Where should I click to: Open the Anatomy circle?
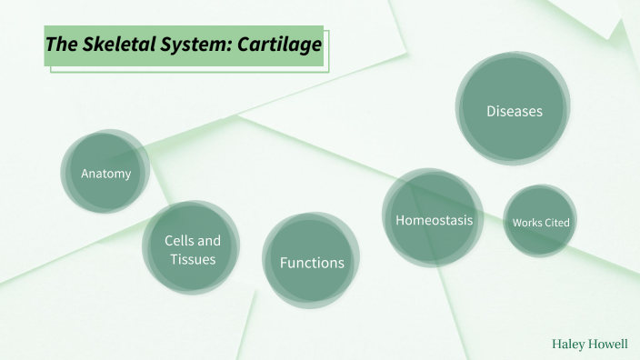pyautogui.click(x=105, y=172)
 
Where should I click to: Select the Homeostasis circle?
pyautogui.click(x=433, y=219)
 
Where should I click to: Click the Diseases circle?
pyautogui.click(x=514, y=110)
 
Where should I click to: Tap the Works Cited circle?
pyautogui.click(x=540, y=221)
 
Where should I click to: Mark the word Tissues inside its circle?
pyautogui.click(x=192, y=259)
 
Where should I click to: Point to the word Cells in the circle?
pyautogui.click(x=179, y=241)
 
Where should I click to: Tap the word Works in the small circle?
pyautogui.click(x=526, y=222)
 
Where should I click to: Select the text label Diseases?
pyautogui.click(x=514, y=111)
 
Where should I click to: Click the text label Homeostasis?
pyautogui.click(x=433, y=220)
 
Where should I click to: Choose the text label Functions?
pyautogui.click(x=312, y=263)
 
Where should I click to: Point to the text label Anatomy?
pyautogui.click(x=105, y=173)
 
